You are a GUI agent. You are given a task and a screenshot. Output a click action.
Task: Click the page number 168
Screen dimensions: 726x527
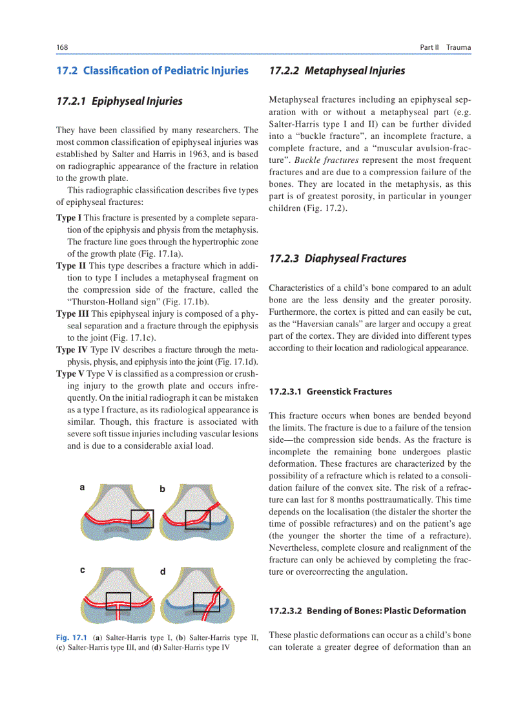click(62, 47)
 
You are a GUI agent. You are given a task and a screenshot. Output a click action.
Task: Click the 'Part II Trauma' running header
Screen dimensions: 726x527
click(445, 47)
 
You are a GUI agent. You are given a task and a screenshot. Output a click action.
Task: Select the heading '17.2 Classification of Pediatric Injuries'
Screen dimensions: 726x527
click(152, 70)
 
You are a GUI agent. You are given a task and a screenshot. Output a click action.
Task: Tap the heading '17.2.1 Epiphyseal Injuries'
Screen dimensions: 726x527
click(119, 101)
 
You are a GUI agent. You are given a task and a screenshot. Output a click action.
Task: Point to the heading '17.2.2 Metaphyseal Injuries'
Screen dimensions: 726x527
click(337, 70)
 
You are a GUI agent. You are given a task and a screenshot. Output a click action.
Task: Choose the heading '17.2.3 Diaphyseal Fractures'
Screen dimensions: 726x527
click(338, 259)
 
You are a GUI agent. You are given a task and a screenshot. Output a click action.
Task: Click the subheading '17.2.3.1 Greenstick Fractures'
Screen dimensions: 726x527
click(330, 391)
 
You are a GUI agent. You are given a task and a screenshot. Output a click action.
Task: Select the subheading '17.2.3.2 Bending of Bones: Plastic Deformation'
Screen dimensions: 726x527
click(367, 610)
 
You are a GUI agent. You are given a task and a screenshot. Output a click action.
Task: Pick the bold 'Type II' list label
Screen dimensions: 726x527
click(70, 266)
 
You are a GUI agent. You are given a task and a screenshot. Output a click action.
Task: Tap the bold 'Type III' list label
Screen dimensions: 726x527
click(72, 314)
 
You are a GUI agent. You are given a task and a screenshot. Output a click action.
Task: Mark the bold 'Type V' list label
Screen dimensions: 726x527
click(70, 374)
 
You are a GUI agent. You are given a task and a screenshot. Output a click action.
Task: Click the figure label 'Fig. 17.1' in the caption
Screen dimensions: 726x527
click(72, 637)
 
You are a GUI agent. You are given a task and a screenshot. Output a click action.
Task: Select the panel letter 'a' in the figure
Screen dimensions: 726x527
click(82, 488)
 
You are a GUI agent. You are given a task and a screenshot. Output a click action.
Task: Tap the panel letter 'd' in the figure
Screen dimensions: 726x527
click(163, 571)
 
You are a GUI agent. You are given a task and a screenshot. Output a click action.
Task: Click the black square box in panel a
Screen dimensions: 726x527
click(142, 518)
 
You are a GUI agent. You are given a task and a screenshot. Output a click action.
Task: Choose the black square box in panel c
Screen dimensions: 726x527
click(118, 601)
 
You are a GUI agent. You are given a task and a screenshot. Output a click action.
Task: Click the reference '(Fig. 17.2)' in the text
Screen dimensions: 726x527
click(325, 208)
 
